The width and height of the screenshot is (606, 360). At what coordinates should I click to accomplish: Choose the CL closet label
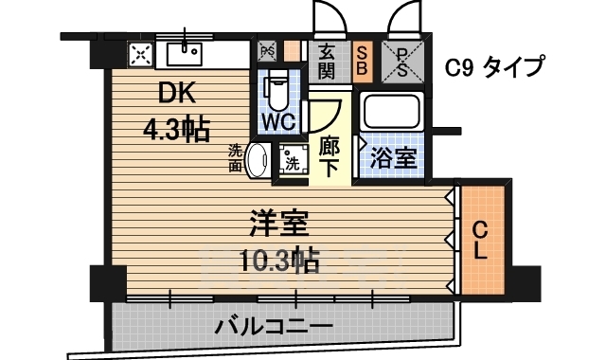(480, 240)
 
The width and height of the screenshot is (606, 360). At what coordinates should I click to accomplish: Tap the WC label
(280, 123)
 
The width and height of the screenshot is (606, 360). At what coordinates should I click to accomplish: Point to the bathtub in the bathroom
(392, 113)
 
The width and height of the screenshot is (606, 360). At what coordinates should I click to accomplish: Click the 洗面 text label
(236, 157)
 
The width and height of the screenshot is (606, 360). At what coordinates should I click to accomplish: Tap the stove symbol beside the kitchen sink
(141, 54)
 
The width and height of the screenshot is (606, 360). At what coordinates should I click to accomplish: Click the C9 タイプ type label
(495, 66)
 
